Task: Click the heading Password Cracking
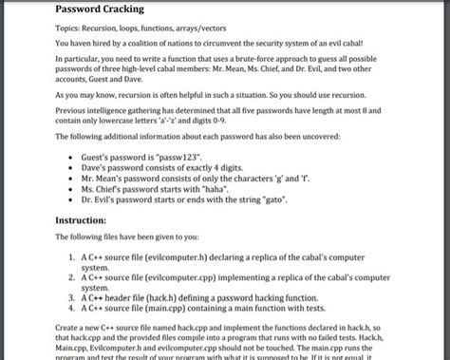pyautogui.click(x=100, y=9)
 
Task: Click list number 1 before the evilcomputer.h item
pyautogui.click(x=72, y=257)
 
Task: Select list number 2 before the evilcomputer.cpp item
pyautogui.click(x=72, y=277)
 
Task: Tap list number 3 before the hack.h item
pyautogui.click(x=72, y=297)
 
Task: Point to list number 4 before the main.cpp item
pyautogui.click(x=72, y=308)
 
